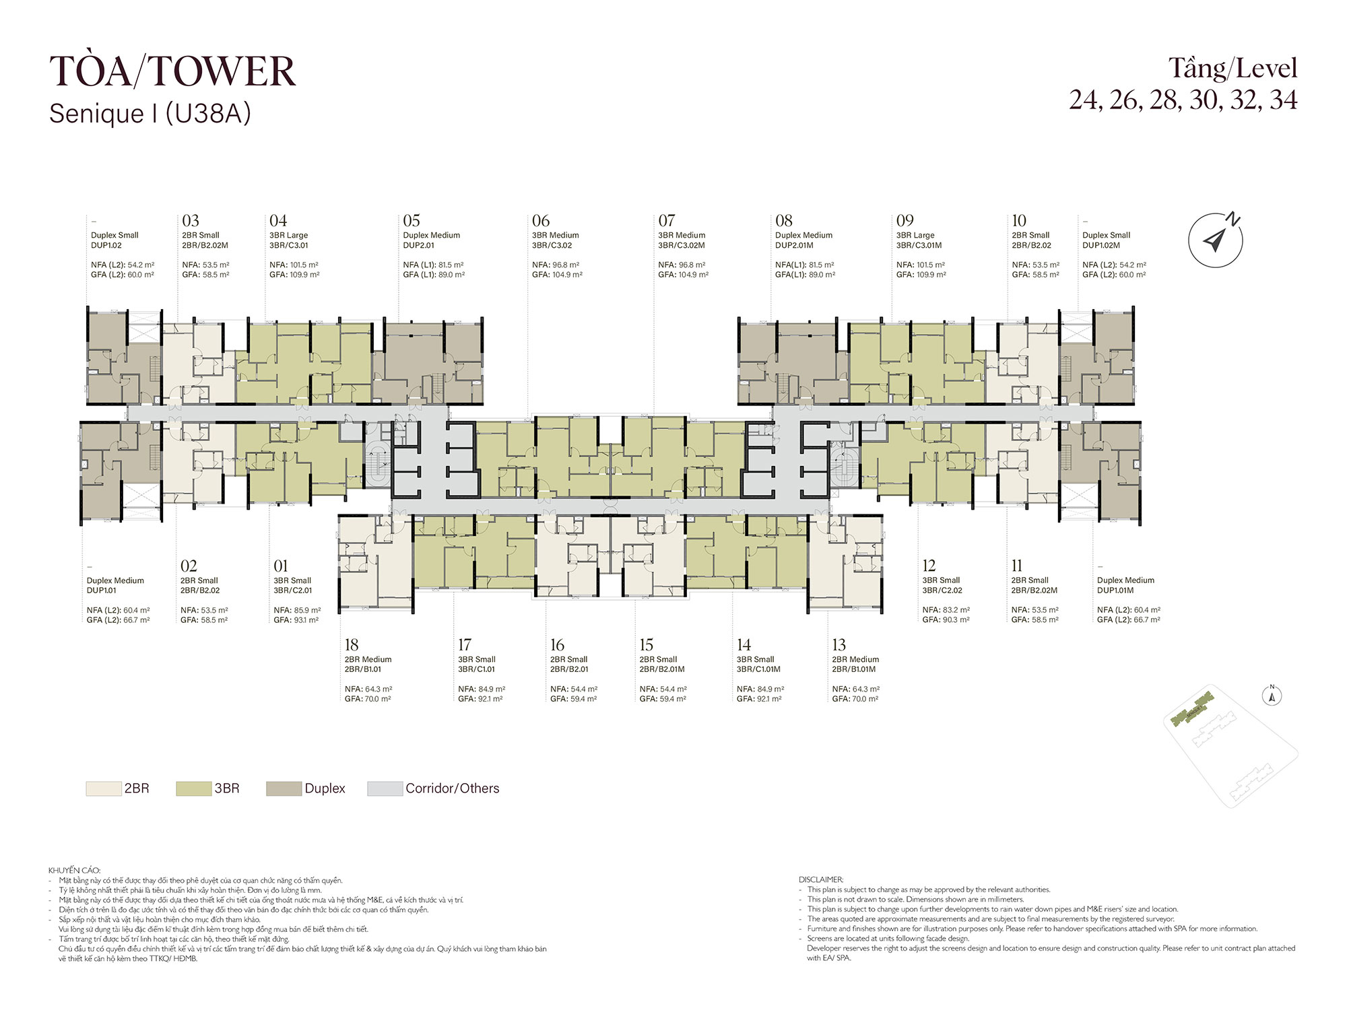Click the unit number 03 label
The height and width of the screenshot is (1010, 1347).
[x=191, y=221]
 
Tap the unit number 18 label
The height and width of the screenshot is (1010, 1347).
[x=352, y=645]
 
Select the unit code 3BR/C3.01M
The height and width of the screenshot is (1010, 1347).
[x=919, y=246]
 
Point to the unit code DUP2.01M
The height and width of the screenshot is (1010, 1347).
[x=795, y=246]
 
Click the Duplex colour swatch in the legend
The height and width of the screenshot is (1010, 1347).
[x=284, y=788]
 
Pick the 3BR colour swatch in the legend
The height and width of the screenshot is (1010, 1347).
[x=193, y=788]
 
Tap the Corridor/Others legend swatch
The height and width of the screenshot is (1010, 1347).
[x=385, y=788]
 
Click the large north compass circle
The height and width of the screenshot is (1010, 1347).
[x=1216, y=240]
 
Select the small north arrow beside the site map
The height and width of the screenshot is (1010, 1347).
[x=1272, y=696]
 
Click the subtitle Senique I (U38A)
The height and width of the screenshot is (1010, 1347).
[x=150, y=114]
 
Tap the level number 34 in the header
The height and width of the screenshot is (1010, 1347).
[x=1284, y=100]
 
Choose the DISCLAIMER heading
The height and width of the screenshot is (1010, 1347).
[x=821, y=879]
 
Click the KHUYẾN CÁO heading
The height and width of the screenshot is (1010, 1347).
[x=74, y=871]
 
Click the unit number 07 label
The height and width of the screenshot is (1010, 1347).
[x=667, y=221]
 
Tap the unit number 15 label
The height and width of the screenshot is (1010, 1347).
[x=647, y=645]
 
